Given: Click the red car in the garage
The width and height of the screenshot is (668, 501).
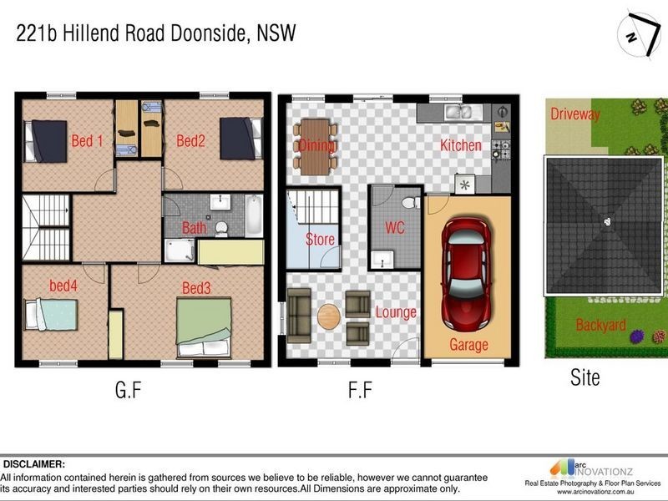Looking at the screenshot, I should click(466, 271).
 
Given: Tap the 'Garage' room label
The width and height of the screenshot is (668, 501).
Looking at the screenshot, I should click(468, 345).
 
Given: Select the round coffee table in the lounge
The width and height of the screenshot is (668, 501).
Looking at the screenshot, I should click(329, 316).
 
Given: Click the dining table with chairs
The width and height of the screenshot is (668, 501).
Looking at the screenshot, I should click(315, 147).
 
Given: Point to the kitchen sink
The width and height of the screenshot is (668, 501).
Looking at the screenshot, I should click(457, 111).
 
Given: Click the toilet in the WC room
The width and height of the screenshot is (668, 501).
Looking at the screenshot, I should click(409, 202).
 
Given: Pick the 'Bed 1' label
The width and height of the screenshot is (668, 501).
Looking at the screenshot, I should click(87, 141).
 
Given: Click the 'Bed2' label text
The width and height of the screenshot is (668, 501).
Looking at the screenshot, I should click(190, 141).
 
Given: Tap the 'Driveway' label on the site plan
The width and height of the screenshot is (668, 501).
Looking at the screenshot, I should click(574, 115).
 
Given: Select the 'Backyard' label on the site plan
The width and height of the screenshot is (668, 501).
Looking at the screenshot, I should click(600, 325).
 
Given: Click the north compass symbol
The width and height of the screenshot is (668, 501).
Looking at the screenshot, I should click(637, 33).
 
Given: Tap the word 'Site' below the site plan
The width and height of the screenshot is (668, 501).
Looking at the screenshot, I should click(584, 377).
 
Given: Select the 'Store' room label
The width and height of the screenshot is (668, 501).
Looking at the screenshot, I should click(320, 240).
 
